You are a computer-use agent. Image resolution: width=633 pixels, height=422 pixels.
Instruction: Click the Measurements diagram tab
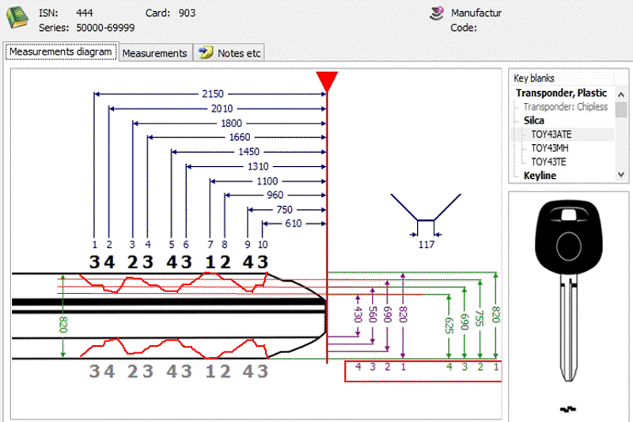point(61,52)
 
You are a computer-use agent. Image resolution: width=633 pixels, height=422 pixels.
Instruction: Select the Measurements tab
point(154,53)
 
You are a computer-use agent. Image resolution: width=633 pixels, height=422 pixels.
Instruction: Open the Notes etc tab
point(229,53)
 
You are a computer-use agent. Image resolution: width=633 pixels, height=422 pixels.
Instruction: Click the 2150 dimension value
point(213,94)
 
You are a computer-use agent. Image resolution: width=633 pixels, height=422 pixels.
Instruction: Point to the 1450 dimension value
point(248,152)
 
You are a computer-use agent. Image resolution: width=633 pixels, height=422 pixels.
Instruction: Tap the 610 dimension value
point(293,224)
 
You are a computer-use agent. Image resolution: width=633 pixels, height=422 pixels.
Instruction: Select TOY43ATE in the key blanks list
point(551,135)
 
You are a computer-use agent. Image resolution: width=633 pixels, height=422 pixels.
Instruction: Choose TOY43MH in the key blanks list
point(549,148)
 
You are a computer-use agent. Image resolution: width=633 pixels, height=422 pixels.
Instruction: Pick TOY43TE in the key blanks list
point(548,162)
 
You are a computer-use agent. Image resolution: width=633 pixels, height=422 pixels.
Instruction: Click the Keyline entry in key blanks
point(540,176)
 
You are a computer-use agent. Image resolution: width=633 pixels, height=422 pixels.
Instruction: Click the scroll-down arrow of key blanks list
point(621,175)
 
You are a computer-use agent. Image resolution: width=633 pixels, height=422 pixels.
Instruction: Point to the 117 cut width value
point(426,245)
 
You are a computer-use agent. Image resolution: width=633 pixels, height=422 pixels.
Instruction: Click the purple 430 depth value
point(358,314)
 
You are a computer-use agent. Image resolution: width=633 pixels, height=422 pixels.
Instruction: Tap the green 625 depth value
point(449,325)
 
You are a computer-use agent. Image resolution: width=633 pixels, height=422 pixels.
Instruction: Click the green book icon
point(17,17)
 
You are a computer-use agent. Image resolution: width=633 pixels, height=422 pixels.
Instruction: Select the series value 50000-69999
point(105,28)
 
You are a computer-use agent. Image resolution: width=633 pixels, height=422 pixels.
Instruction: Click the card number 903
point(187,13)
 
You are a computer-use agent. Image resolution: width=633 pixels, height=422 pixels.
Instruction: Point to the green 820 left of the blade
point(63,325)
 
